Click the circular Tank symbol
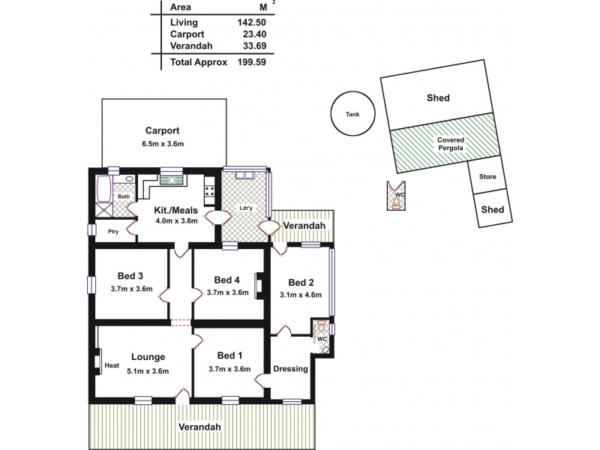click(x=352, y=114)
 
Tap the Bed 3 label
click(x=130, y=274)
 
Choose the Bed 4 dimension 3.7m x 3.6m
click(x=227, y=292)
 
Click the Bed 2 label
click(x=301, y=282)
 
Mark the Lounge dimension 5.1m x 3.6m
click(x=147, y=370)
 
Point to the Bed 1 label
click(x=228, y=355)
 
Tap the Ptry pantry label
click(x=113, y=232)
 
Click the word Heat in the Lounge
click(x=112, y=366)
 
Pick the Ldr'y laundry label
click(x=244, y=207)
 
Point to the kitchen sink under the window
click(x=172, y=179)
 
